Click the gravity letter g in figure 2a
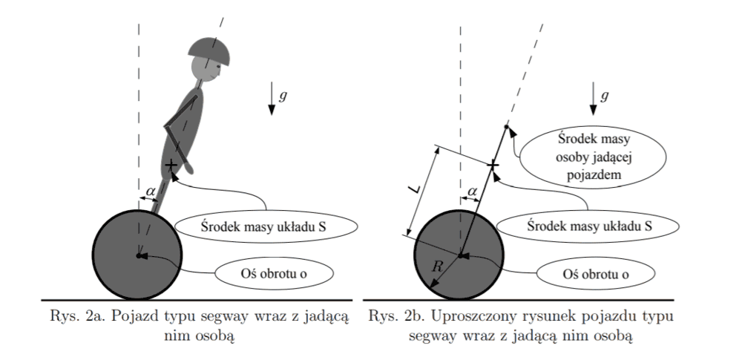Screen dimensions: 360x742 click(282, 96)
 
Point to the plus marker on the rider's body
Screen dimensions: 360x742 click(171, 165)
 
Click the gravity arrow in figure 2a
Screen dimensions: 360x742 click(271, 99)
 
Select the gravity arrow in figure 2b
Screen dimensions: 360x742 click(594, 99)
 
